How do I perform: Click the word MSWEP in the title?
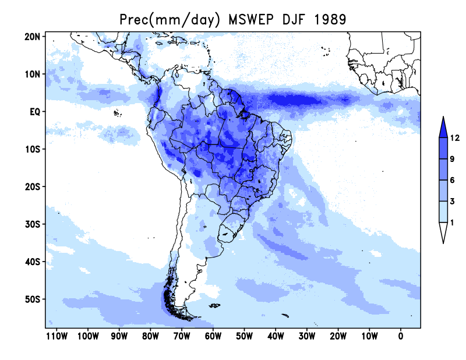click(x=251, y=20)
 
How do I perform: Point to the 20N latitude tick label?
click(x=32, y=37)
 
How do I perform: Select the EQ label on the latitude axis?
click(x=34, y=112)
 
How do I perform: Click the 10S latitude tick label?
click(x=32, y=149)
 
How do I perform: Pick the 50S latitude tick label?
click(x=32, y=299)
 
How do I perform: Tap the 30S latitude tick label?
click(x=32, y=224)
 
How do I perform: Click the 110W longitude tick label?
click(x=57, y=336)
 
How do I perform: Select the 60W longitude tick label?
click(x=213, y=336)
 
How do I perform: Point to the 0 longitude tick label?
click(x=401, y=336)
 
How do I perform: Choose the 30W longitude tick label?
click(x=307, y=336)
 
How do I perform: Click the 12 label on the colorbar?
click(x=455, y=138)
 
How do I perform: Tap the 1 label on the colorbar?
click(x=452, y=223)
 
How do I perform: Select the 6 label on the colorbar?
click(x=452, y=180)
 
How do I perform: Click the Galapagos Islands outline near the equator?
click(x=118, y=113)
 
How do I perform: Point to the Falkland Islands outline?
click(x=214, y=305)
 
